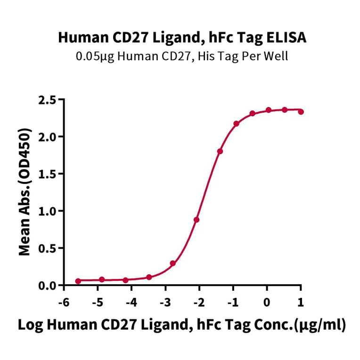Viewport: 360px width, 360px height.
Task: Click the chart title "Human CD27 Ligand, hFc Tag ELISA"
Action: (182, 38)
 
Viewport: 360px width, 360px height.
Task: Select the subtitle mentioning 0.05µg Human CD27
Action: (182, 57)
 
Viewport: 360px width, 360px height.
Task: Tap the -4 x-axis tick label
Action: (131, 301)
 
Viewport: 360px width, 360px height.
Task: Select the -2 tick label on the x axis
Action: (198, 301)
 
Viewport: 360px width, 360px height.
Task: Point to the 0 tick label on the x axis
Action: (267, 301)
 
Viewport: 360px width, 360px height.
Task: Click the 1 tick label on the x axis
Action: (301, 301)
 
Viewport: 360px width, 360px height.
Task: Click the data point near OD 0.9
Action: (196, 220)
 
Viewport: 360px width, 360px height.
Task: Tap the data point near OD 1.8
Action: (220, 151)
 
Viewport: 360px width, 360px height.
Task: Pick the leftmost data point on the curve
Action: (78, 281)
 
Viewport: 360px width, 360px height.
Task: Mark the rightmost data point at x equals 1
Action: (301, 112)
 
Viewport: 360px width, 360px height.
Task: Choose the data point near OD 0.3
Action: (173, 263)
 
